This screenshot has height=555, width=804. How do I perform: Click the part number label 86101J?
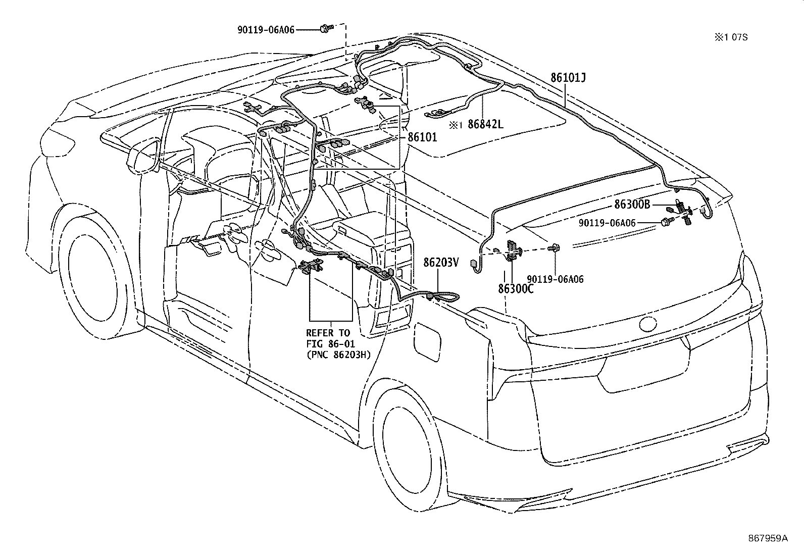point(568,78)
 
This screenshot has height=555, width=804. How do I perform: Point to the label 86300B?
point(632,205)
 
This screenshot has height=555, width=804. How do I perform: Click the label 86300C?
point(516,289)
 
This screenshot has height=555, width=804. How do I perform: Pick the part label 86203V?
point(441,262)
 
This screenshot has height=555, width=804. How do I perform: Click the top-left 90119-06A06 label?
point(266,30)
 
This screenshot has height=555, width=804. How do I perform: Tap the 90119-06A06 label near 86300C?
point(555,279)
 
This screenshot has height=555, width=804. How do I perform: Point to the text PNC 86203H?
point(338,355)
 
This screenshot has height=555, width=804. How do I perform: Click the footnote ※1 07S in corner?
point(730,37)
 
